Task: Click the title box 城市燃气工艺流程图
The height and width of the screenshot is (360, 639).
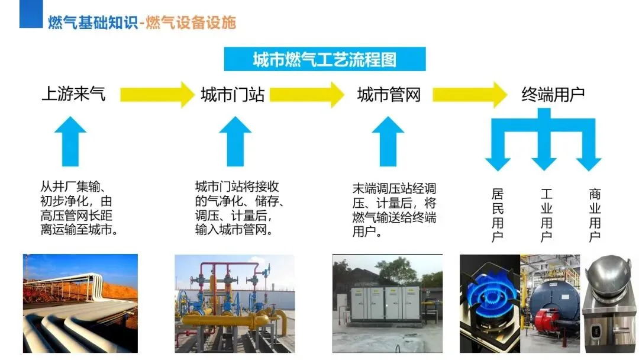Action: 324,59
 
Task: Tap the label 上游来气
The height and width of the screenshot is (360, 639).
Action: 73,94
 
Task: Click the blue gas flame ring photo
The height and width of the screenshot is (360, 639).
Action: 490,304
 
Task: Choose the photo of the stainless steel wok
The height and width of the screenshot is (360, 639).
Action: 610,304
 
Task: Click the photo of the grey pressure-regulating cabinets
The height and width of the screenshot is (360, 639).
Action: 387,304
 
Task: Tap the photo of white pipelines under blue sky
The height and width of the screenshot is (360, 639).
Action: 80,304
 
